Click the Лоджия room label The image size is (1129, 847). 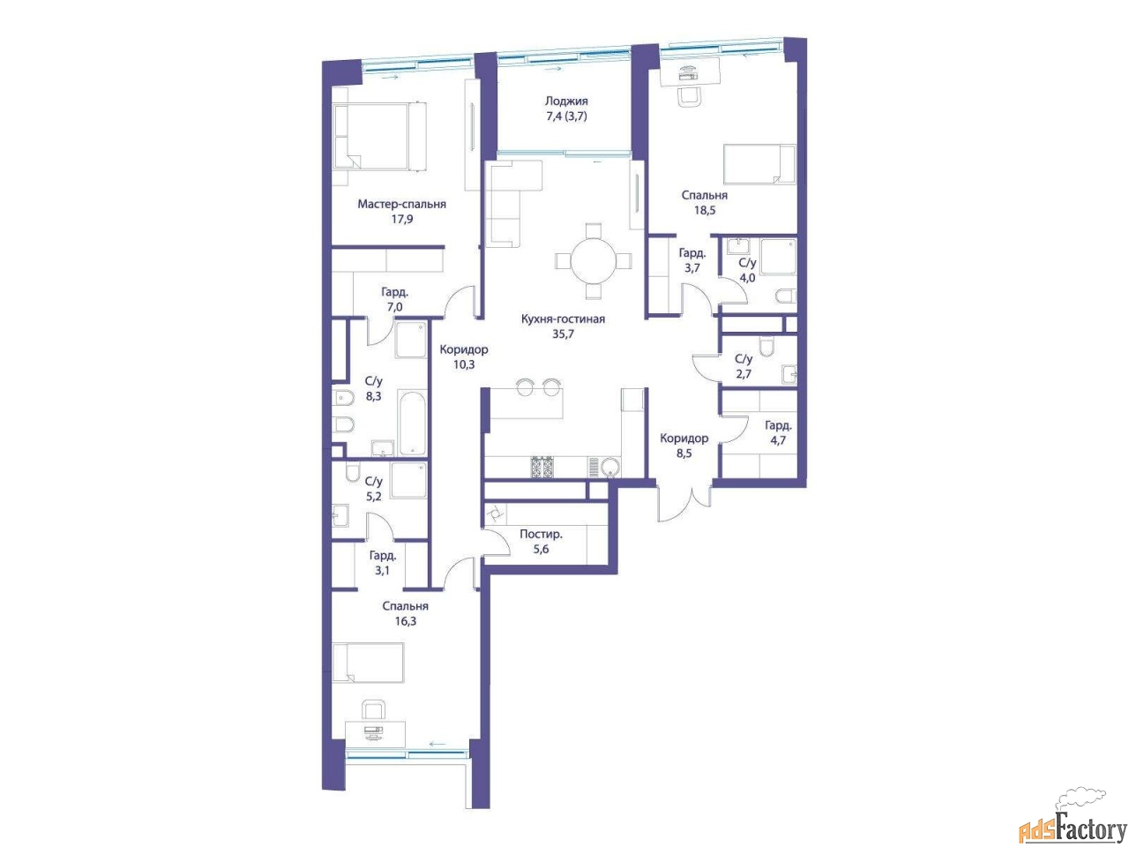click(x=565, y=101)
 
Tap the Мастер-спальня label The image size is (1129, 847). click(x=401, y=204)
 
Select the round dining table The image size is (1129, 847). click(x=593, y=260)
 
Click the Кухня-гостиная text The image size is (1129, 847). click(x=563, y=319)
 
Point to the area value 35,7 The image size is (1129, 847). click(x=563, y=334)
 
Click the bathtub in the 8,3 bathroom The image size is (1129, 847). click(x=412, y=423)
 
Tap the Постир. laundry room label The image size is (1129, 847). click(x=541, y=534)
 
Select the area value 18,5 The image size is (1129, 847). click(x=704, y=210)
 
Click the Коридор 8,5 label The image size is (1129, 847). click(x=684, y=446)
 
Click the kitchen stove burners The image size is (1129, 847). click(x=542, y=467)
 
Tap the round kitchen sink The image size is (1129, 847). click(x=610, y=468)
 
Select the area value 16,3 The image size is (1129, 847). click(x=406, y=621)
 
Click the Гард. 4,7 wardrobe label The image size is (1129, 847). click(x=778, y=432)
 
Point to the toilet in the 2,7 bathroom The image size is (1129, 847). click(x=766, y=346)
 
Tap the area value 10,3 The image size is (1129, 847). click(x=463, y=364)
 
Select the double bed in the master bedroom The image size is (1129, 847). click(x=379, y=136)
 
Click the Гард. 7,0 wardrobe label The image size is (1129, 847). click(x=394, y=300)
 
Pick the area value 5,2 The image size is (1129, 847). click(x=373, y=496)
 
